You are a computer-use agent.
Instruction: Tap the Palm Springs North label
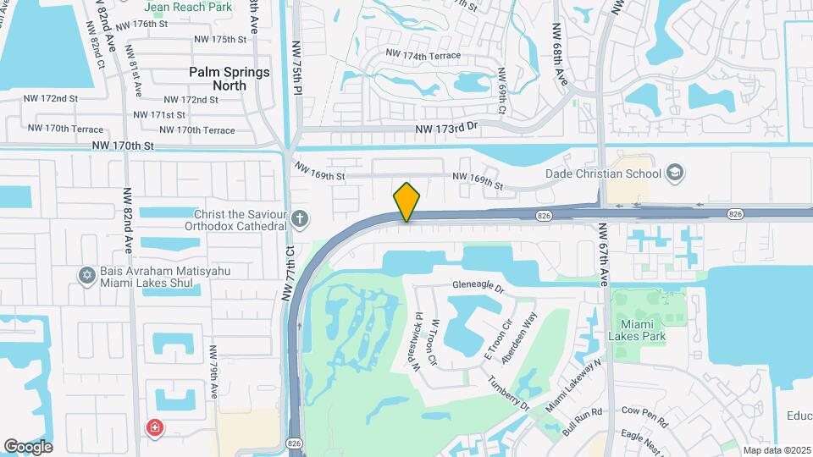click(x=230, y=79)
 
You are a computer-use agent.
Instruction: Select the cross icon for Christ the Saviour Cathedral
click(x=299, y=220)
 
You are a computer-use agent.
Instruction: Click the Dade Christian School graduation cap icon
click(x=674, y=173)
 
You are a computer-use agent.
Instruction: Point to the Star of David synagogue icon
click(x=86, y=275)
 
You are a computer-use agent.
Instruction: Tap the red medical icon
click(x=155, y=427)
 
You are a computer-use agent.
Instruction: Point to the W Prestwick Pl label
click(x=418, y=341)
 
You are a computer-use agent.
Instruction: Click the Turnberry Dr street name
click(x=508, y=393)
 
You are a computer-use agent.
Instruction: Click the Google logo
click(x=28, y=446)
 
